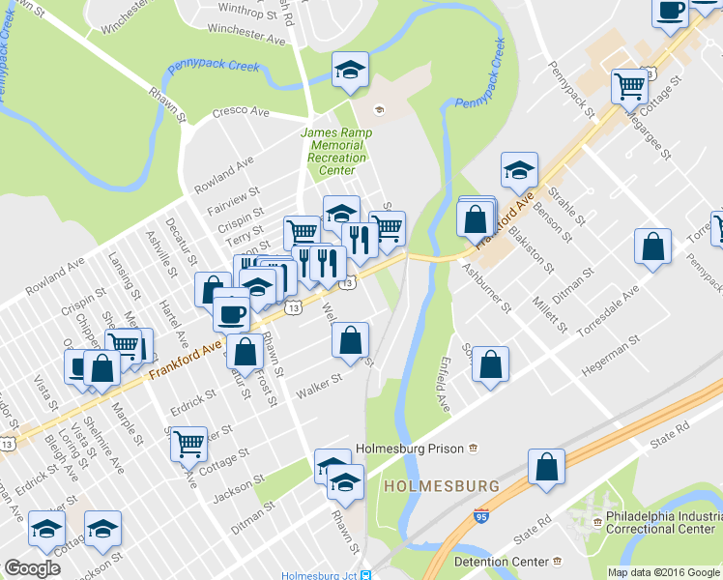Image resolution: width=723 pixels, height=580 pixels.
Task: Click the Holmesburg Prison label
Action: point(411,449)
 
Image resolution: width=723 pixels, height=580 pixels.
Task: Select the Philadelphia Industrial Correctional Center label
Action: point(661,523)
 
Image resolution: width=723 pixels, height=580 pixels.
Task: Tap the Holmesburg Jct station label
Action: point(319,575)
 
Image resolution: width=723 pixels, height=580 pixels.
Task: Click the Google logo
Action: point(32,568)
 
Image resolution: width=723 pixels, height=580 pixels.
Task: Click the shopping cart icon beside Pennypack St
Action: point(629,86)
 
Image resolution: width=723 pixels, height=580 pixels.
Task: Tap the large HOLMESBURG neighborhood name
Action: point(441,485)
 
